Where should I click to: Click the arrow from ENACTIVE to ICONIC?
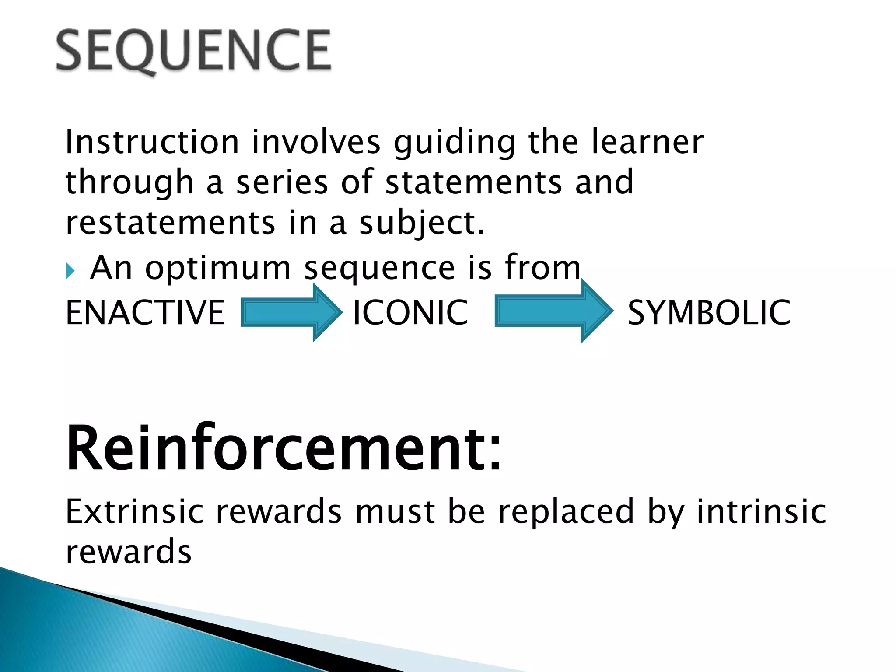point(291,312)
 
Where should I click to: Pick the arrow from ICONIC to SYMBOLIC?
point(553,311)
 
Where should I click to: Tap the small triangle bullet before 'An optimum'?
point(70,271)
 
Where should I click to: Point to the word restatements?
point(170,223)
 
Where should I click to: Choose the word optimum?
point(218,268)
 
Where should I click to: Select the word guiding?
point(455,143)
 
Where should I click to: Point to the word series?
point(282,182)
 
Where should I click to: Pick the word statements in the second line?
point(473,182)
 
